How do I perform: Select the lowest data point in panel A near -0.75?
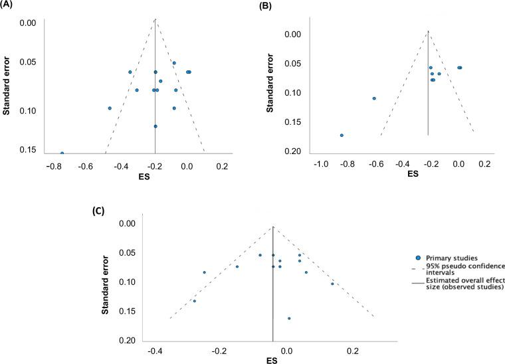62,153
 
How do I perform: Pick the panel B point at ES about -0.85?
342,135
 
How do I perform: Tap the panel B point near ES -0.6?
374,98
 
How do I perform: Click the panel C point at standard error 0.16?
289,318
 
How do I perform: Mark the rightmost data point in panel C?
332,284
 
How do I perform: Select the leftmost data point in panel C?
194,301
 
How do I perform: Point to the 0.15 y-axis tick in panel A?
27,150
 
